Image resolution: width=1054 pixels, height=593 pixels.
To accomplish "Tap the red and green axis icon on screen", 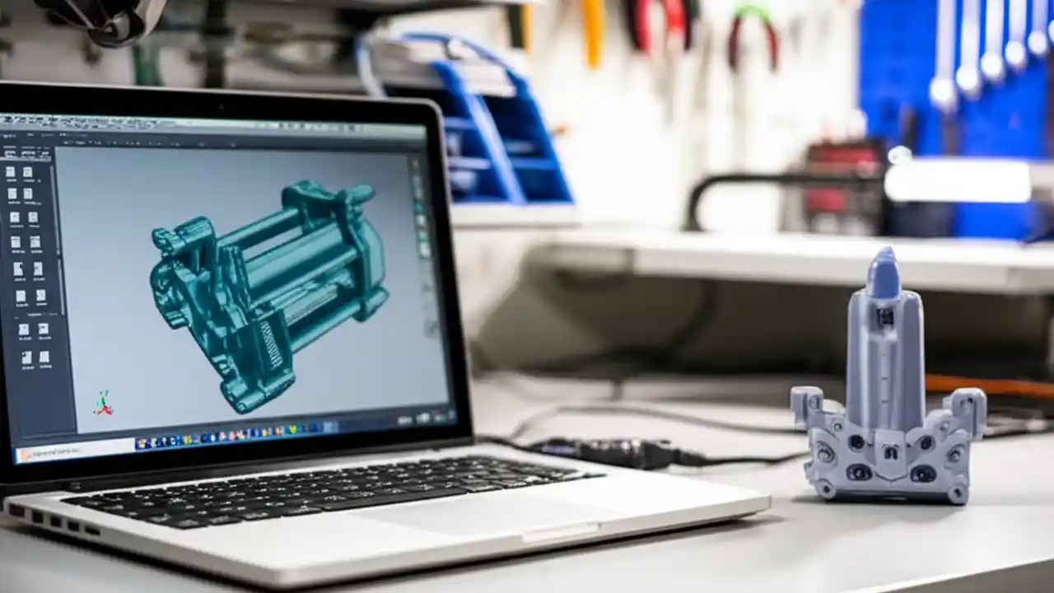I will [x=103, y=403].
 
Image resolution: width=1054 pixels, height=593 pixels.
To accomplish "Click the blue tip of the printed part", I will [x=884, y=273].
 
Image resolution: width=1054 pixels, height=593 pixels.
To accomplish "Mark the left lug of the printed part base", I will [x=806, y=407].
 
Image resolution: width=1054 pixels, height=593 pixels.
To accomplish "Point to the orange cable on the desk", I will [x=988, y=385].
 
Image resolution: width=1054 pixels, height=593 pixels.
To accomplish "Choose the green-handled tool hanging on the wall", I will [x=753, y=33].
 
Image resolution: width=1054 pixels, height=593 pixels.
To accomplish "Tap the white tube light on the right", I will [x=959, y=181].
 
